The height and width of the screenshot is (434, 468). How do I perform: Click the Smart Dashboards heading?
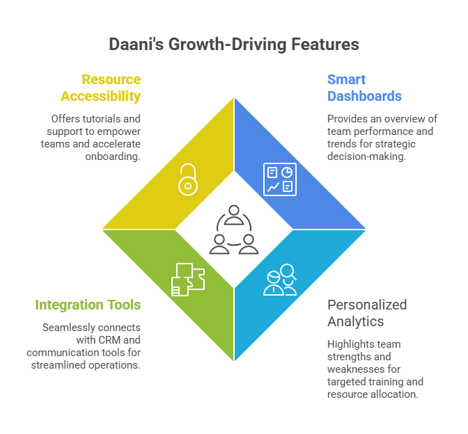[364, 88]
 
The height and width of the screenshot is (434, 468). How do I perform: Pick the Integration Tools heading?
[88, 305]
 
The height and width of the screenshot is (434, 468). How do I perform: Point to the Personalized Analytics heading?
[367, 312]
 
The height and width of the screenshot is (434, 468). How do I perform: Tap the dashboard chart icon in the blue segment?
[279, 179]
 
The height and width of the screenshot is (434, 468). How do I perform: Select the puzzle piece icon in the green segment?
[187, 279]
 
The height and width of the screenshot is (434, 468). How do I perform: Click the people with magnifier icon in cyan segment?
[280, 280]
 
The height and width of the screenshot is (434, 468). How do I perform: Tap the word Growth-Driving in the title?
[229, 45]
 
